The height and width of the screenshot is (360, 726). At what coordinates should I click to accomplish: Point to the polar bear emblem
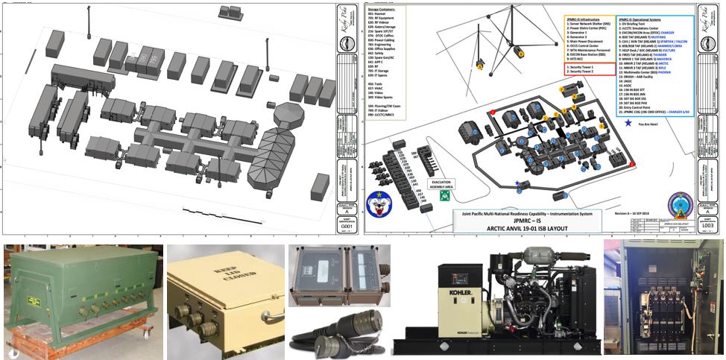(x=379, y=201)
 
